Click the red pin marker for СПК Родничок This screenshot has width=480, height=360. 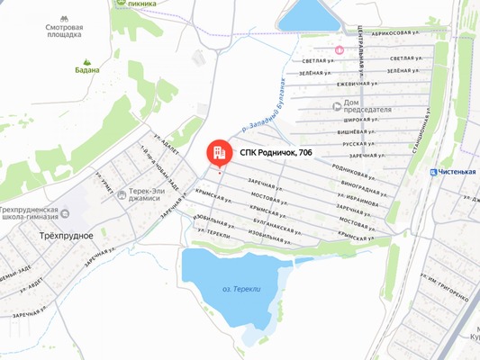tap(218, 153)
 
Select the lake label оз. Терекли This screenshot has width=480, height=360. tap(240, 289)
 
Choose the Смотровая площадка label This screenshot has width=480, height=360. tap(64, 31)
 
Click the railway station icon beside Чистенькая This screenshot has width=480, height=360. tap(434, 172)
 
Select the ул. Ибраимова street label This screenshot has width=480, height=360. tap(352, 201)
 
